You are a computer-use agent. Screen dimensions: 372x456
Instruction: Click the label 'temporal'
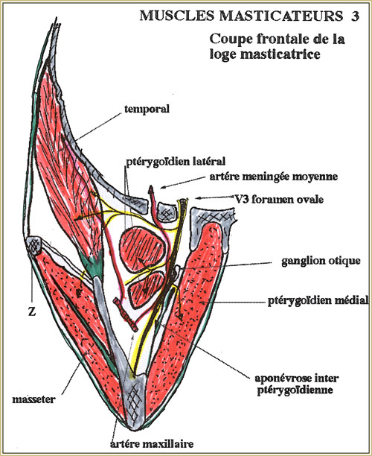point(147,110)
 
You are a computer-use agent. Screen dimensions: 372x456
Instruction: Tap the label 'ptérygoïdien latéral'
point(176,162)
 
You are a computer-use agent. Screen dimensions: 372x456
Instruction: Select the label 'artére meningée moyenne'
point(274,177)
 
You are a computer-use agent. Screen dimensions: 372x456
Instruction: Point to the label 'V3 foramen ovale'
point(279,200)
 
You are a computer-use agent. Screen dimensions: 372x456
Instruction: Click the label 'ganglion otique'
point(321,261)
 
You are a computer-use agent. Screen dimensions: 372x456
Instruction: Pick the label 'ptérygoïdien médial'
point(318,301)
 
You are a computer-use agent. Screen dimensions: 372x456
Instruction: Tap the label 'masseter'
point(33,399)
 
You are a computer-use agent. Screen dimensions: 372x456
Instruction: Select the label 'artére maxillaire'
point(152,444)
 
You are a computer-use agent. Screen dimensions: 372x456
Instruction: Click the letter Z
point(32,311)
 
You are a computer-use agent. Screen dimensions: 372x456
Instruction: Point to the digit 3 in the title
point(355,16)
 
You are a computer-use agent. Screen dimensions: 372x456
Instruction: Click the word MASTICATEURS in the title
point(281,16)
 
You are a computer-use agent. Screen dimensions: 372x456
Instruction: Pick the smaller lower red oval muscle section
point(146,290)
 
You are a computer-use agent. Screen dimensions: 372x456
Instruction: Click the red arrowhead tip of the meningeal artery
point(151,187)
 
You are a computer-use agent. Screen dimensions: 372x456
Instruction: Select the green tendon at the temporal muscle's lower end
point(93,264)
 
